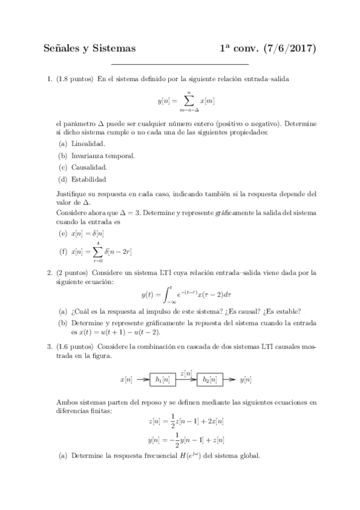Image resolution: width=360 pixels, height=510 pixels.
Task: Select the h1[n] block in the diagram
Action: (x=162, y=379)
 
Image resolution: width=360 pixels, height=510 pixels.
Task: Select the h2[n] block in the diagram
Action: (x=209, y=379)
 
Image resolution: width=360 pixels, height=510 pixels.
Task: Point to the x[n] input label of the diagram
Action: (x=127, y=379)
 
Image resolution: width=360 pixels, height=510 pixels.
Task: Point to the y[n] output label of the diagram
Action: (x=245, y=379)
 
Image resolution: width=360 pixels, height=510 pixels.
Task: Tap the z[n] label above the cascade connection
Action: (x=186, y=373)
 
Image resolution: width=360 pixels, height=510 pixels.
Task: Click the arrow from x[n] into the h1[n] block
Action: (x=142, y=379)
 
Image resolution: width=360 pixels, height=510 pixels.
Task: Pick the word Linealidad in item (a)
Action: (x=88, y=144)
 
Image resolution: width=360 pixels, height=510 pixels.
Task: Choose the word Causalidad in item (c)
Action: (x=90, y=167)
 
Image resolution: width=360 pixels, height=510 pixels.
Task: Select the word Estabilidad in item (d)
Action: (x=89, y=179)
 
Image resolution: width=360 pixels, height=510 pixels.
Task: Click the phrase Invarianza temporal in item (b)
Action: (x=103, y=156)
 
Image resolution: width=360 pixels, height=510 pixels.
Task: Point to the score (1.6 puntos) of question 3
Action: (x=75, y=347)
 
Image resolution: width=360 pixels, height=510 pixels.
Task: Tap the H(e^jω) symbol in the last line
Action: (x=188, y=455)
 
